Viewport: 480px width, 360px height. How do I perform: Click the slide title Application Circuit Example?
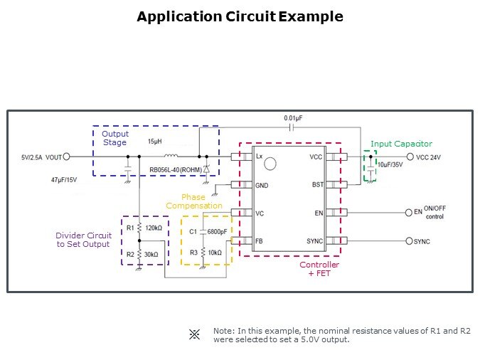[x=240, y=16]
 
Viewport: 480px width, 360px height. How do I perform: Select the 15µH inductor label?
[x=155, y=142]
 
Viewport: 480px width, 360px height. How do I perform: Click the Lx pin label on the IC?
[x=260, y=157]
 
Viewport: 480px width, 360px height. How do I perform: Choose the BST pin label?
[x=317, y=184]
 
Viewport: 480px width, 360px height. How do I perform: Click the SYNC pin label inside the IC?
[x=315, y=241]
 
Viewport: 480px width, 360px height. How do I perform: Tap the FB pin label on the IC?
[x=260, y=241]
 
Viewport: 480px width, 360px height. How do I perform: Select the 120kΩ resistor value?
[x=154, y=228]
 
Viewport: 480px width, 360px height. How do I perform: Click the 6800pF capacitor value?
[x=217, y=232]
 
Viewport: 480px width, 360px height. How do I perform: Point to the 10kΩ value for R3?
[x=215, y=253]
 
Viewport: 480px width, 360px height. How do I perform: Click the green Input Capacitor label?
[x=401, y=144]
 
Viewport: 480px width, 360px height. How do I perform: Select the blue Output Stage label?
[x=114, y=138]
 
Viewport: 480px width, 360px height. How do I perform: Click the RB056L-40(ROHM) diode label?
[x=174, y=171]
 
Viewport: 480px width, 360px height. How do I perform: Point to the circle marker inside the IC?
[x=270, y=165]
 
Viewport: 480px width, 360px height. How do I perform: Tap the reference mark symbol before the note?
[x=194, y=334]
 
